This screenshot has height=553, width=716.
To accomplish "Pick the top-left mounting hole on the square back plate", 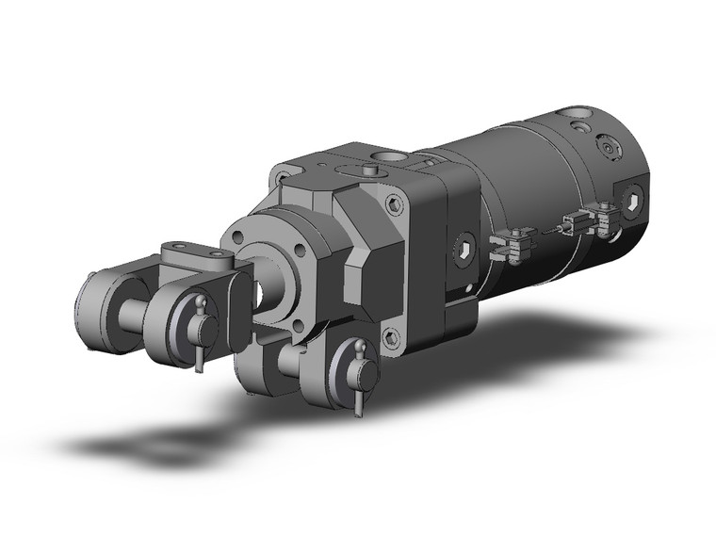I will (x=281, y=175).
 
